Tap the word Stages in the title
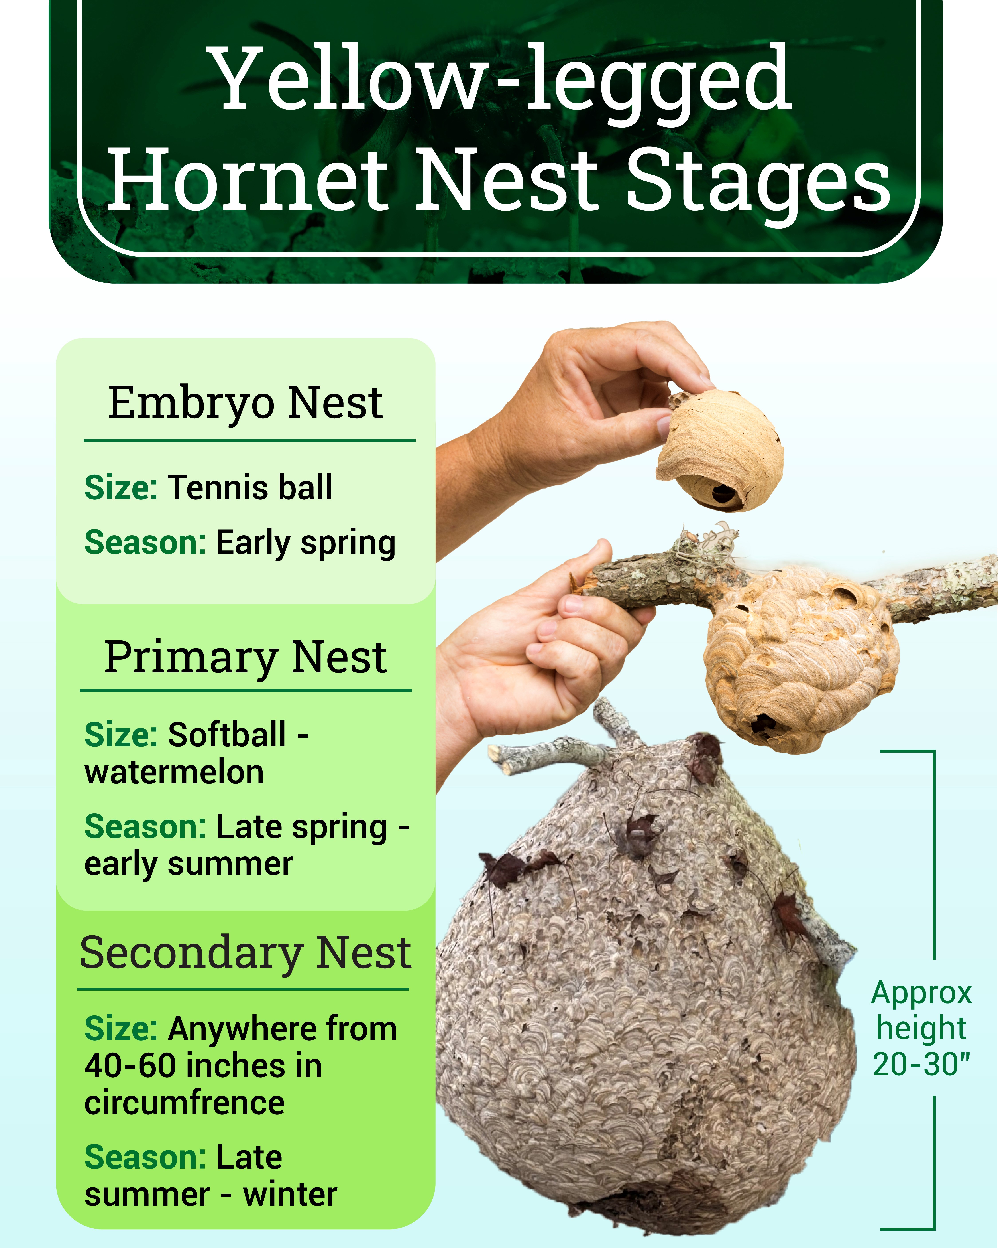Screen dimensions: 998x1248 pyautogui.click(x=758, y=179)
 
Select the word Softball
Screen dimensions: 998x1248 pyautogui.click(x=227, y=735)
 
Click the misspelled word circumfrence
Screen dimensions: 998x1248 pyautogui.click(x=185, y=1103)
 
